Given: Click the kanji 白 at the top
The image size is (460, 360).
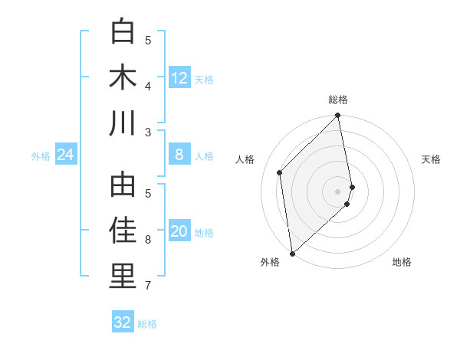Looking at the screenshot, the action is (123, 32).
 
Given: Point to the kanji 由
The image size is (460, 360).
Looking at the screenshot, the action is (123, 186).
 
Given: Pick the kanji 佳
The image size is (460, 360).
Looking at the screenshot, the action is (123, 231).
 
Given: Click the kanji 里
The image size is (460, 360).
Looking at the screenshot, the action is (123, 277).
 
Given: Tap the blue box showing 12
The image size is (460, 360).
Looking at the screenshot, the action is (179, 77).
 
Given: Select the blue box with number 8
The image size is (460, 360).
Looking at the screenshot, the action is (179, 155).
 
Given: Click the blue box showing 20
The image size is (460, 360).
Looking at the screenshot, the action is (179, 232).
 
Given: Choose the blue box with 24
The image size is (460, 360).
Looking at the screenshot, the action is (66, 155).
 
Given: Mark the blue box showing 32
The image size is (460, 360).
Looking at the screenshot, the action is (123, 322).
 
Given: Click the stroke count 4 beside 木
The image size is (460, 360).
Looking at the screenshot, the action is (149, 86).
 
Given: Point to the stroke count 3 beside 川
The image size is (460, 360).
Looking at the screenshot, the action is (149, 132).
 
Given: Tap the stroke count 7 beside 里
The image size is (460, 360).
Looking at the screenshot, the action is (149, 286).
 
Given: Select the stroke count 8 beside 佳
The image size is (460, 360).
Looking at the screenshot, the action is (149, 240).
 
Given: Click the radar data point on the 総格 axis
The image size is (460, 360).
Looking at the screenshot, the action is (337, 116).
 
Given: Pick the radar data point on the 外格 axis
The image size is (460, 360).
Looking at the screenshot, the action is (292, 254).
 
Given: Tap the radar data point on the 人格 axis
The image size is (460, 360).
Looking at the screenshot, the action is (280, 172).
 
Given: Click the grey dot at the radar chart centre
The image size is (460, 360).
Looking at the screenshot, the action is (337, 191).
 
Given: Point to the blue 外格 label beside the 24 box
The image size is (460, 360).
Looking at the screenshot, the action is (41, 156).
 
